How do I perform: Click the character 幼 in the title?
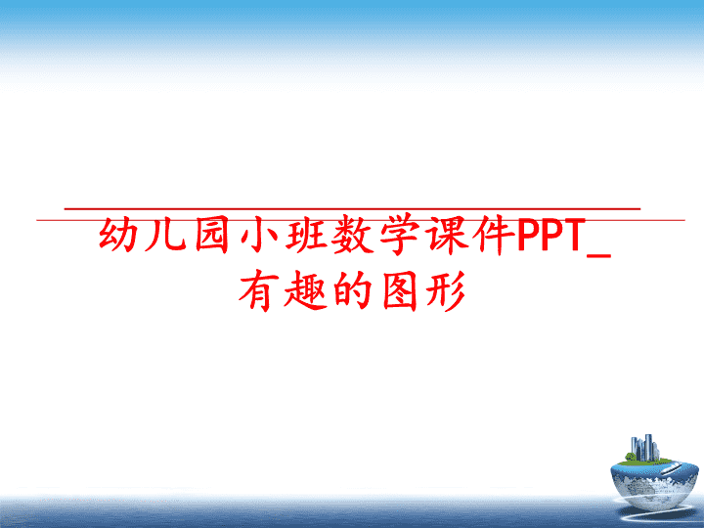tap(118, 235)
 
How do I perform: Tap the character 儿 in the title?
tap(166, 236)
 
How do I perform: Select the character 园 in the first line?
tap(212, 235)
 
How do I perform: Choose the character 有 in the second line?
tap(258, 290)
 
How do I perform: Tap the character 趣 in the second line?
tap(305, 290)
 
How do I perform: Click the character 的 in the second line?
tap(352, 290)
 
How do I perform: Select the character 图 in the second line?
tap(400, 290)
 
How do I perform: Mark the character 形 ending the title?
tap(446, 290)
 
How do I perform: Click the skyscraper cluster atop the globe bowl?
tap(645, 448)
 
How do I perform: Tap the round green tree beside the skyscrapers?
tap(631, 457)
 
